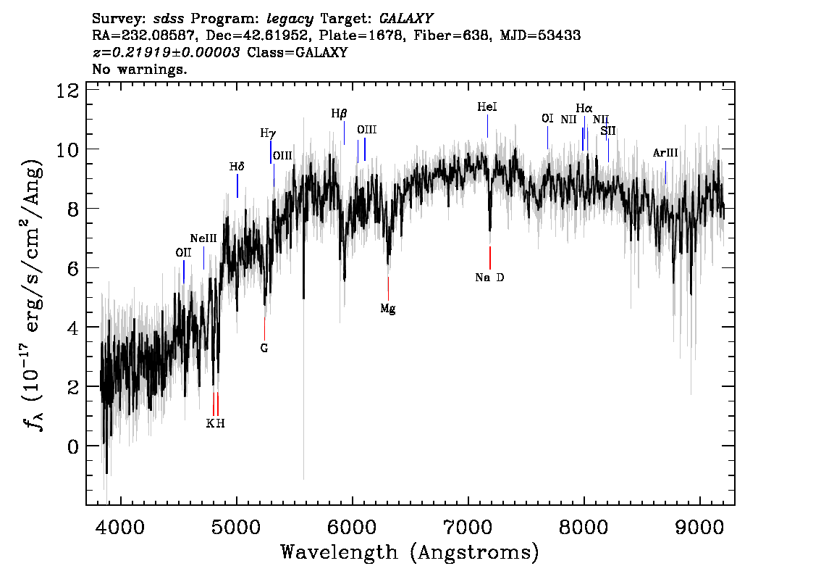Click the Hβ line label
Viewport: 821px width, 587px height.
[339, 114]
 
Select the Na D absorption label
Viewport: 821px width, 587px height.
[489, 278]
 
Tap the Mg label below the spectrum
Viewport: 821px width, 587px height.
[388, 309]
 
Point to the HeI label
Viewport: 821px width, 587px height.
[487, 107]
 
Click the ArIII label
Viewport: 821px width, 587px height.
[665, 153]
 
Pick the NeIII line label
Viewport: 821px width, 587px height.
[203, 238]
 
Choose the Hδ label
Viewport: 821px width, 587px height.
[237, 167]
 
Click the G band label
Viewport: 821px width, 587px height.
[264, 348]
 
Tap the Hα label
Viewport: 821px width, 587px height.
[584, 109]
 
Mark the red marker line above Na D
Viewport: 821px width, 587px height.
[490, 257]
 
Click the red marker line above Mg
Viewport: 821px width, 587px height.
[388, 288]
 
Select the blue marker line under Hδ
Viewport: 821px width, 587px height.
[237, 186]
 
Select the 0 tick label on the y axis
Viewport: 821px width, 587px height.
[72, 446]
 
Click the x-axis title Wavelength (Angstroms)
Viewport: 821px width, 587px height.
[410, 552]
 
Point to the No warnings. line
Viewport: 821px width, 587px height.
[140, 70]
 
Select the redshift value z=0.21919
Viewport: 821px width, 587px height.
[167, 52]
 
